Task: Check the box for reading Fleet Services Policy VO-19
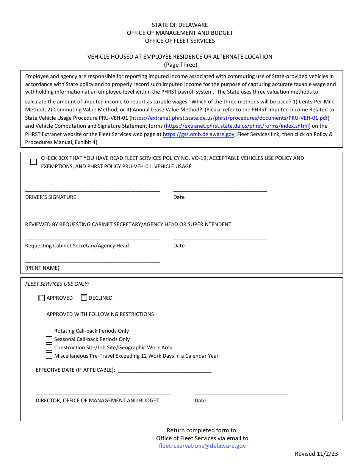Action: (33, 162)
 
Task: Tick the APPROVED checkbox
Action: (42, 298)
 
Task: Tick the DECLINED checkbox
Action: (84, 298)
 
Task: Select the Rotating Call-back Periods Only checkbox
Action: (49, 331)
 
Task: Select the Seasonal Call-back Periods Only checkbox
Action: (49, 339)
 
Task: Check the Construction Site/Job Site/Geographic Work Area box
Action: (49, 348)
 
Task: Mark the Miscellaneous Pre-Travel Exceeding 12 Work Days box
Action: (49, 356)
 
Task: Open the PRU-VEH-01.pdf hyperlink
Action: (230, 118)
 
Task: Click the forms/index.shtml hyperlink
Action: (237, 126)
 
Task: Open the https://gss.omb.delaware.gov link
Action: (199, 134)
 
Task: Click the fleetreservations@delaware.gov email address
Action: (202, 446)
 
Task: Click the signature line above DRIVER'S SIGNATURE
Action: (92, 191)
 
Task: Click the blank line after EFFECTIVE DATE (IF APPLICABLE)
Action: (164, 372)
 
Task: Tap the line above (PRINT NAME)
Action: (92, 261)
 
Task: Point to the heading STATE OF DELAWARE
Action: (180, 25)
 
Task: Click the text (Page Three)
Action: (180, 65)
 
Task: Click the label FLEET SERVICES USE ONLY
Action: (57, 284)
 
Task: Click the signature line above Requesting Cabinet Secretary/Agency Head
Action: (92, 239)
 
